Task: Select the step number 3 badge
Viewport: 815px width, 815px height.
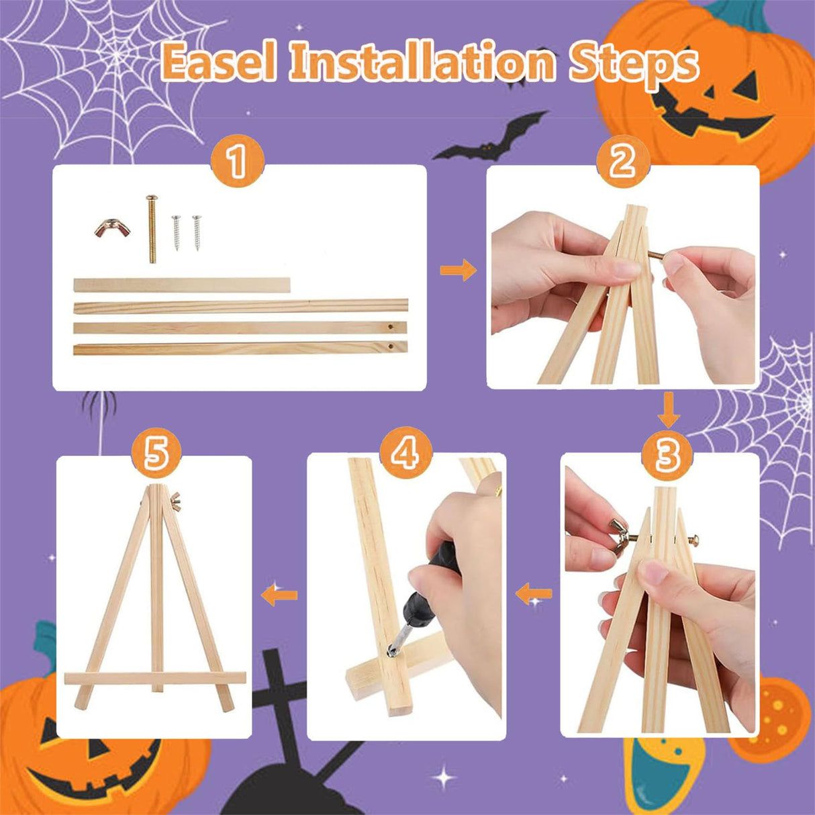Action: (x=667, y=455)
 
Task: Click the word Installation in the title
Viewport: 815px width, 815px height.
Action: (x=423, y=64)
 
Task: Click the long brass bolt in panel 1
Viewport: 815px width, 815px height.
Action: (x=151, y=228)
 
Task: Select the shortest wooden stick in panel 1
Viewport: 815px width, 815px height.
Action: (x=182, y=285)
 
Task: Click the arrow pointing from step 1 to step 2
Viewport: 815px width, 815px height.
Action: (x=458, y=271)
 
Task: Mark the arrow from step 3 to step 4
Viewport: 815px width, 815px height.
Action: (x=534, y=593)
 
